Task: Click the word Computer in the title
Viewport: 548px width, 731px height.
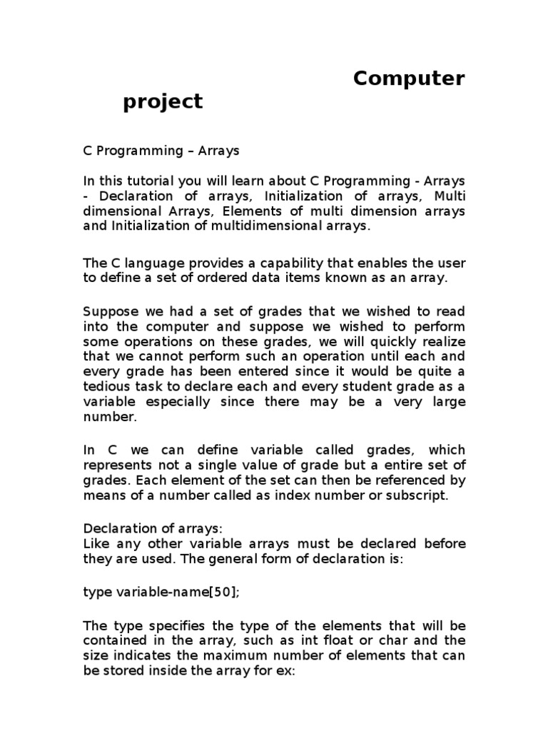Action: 409,79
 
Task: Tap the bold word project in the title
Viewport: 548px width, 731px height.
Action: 163,103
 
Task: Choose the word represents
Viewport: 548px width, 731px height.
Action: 118,465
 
